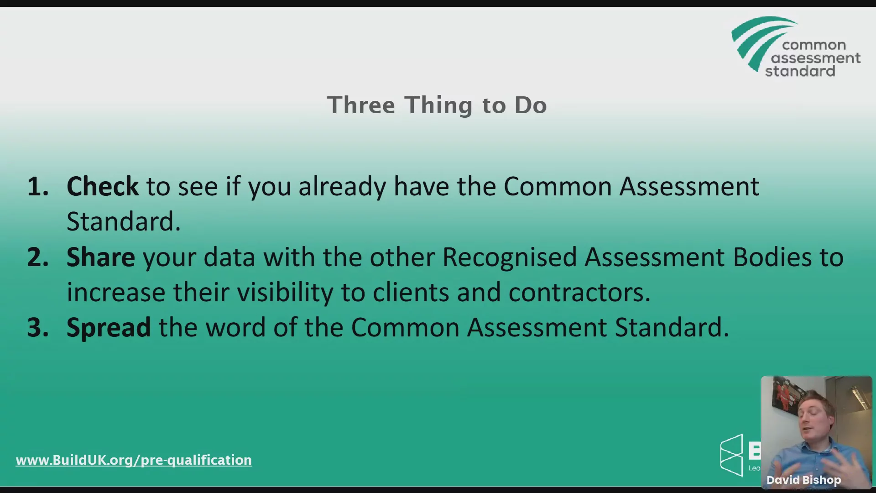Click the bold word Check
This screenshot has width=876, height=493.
(x=102, y=186)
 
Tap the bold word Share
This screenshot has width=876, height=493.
(x=100, y=257)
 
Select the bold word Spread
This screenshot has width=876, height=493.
(x=109, y=328)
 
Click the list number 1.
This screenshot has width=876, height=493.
(x=38, y=187)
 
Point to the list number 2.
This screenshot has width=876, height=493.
(x=38, y=257)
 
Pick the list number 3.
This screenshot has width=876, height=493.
(x=38, y=328)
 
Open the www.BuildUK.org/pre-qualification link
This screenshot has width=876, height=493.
(x=134, y=460)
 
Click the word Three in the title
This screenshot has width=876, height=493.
(x=361, y=105)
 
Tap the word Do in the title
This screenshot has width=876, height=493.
(x=531, y=105)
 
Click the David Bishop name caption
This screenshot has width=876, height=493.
(x=804, y=480)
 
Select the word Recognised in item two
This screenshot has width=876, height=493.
(x=510, y=258)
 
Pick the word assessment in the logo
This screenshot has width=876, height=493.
(x=816, y=58)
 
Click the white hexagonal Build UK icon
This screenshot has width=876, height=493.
(x=731, y=455)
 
